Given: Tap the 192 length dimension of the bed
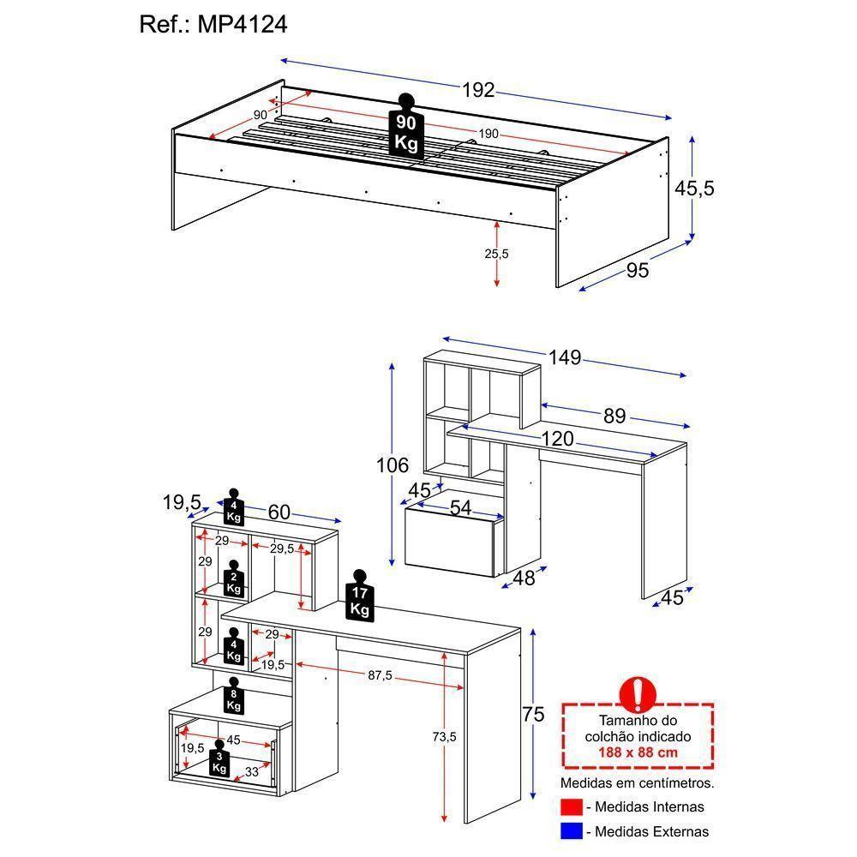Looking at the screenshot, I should pyautogui.click(x=479, y=90).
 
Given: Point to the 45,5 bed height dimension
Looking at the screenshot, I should pyautogui.click(x=694, y=189).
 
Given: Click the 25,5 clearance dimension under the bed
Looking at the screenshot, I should pyautogui.click(x=496, y=254).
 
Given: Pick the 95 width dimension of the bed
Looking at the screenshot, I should pyautogui.click(x=638, y=271).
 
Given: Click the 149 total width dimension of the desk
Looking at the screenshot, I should pyautogui.click(x=565, y=357).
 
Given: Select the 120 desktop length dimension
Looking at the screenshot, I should pyautogui.click(x=556, y=439).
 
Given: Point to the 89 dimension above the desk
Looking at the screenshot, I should pyautogui.click(x=614, y=417).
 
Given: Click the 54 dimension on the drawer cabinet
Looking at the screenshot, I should pyautogui.click(x=461, y=507).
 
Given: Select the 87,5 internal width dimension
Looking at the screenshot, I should pyautogui.click(x=381, y=675).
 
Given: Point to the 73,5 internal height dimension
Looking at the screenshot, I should pyautogui.click(x=445, y=736).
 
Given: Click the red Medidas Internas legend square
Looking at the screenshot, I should pyautogui.click(x=572, y=807).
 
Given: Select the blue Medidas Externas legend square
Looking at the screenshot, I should pyautogui.click(x=572, y=830).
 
